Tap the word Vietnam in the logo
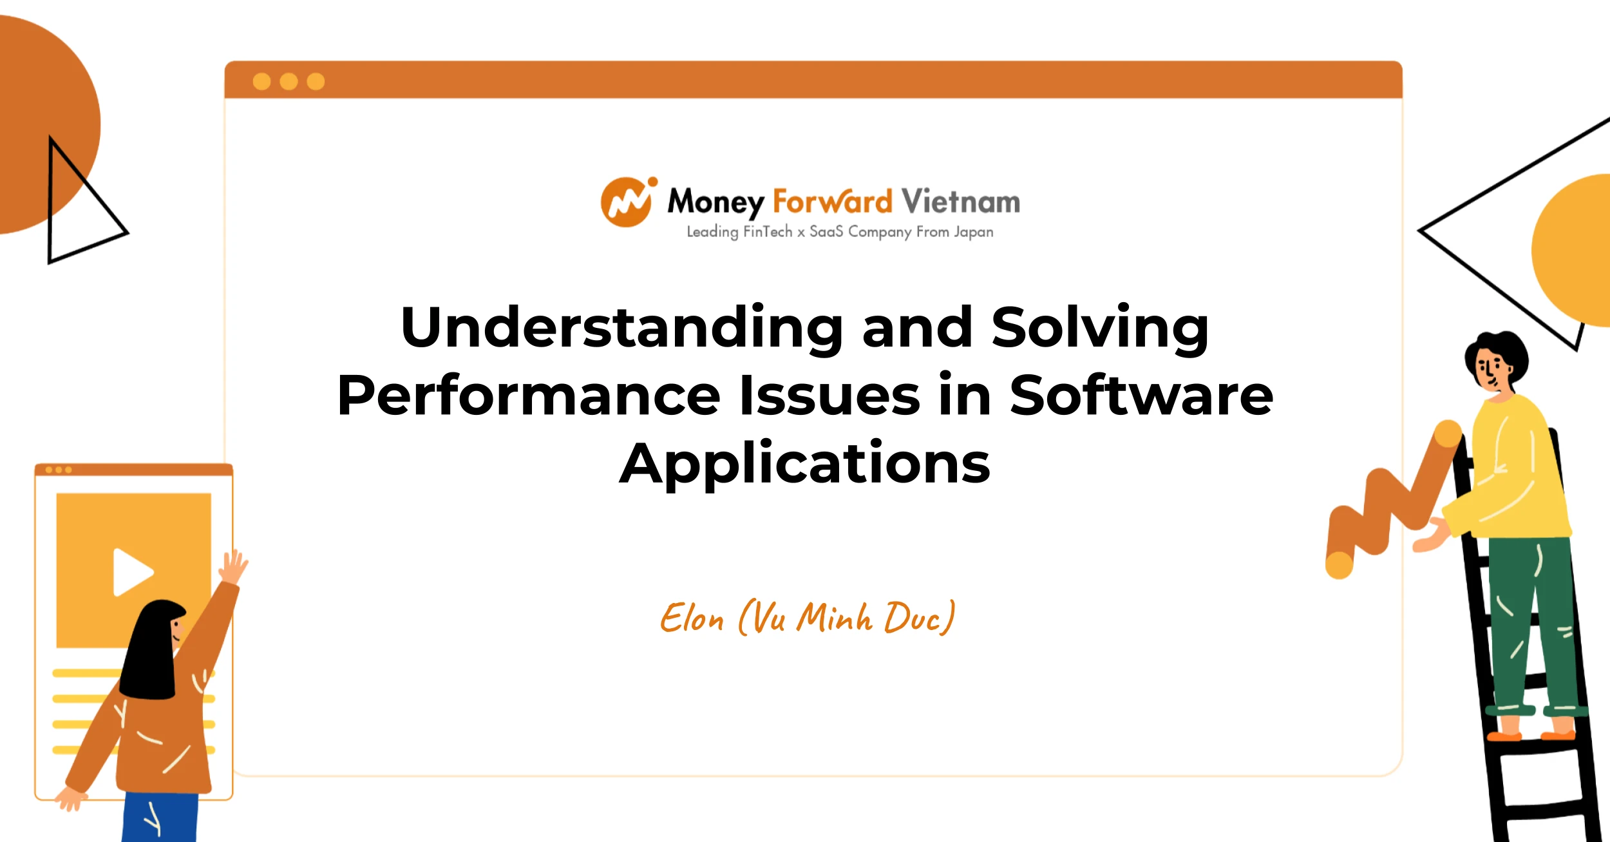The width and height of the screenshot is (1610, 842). click(960, 201)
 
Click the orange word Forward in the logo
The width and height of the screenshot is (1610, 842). click(832, 201)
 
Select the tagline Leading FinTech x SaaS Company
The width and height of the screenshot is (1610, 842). click(799, 232)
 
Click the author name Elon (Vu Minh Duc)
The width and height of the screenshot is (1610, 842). click(808, 617)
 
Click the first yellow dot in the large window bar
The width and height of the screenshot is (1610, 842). click(261, 81)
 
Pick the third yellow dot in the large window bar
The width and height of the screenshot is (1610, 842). click(316, 81)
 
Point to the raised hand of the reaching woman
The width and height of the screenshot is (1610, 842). click(233, 566)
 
